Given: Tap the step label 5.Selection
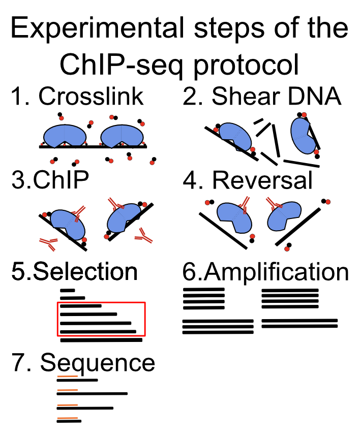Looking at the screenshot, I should (75, 271).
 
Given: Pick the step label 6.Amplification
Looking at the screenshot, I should (265, 272).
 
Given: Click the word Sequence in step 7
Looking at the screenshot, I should (98, 362).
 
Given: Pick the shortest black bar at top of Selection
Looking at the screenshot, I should (68, 291).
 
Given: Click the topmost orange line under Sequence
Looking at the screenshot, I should (67, 377).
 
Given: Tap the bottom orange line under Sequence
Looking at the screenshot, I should (67, 418).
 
